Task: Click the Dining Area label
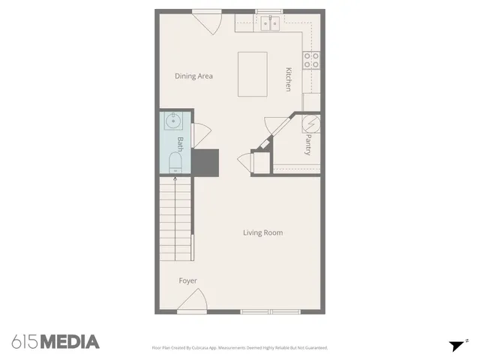194,76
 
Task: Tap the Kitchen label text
287,79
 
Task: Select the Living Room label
262,232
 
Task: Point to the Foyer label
187,280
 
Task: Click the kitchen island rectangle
255,73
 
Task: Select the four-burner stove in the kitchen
312,60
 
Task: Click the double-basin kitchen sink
269,23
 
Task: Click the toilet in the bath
175,160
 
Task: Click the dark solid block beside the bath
205,160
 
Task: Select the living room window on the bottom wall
269,311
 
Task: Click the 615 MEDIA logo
55,342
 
